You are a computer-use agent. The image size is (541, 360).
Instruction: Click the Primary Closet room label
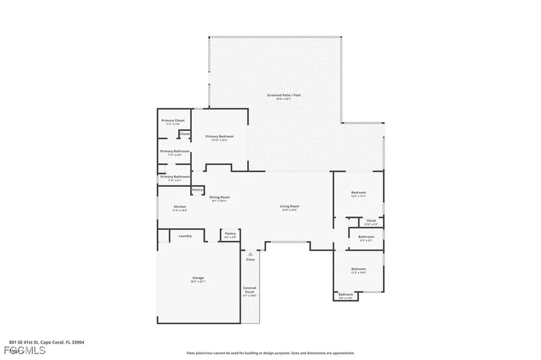point(173,121)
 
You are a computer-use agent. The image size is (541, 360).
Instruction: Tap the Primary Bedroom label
point(219,136)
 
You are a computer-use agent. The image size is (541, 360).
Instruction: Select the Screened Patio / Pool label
point(284,95)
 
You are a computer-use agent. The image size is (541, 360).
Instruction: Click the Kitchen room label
point(180,206)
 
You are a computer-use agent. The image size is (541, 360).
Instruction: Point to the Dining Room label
point(219,197)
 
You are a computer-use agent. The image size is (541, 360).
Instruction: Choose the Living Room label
point(290,206)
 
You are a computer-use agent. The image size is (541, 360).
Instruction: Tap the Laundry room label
point(185,236)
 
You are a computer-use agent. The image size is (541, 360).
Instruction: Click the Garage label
point(198,278)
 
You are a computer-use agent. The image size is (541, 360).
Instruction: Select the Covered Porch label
point(249,290)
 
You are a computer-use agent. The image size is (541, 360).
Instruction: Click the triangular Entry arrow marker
point(250,254)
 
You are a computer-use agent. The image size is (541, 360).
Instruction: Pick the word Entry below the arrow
point(250,259)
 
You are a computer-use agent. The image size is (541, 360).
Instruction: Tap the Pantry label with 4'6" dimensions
point(230,233)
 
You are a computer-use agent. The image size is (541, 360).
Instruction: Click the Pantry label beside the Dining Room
point(198,190)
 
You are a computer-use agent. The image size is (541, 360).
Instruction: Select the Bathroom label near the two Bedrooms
point(366,237)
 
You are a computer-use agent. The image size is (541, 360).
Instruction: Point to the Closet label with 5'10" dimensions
point(371,221)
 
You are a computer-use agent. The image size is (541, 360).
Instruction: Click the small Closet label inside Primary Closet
point(184,134)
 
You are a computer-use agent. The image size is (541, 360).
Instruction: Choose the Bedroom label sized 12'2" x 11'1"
point(358,193)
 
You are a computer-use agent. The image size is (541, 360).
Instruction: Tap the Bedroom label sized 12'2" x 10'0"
point(358,269)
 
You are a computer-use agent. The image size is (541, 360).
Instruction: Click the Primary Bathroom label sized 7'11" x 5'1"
point(174,177)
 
